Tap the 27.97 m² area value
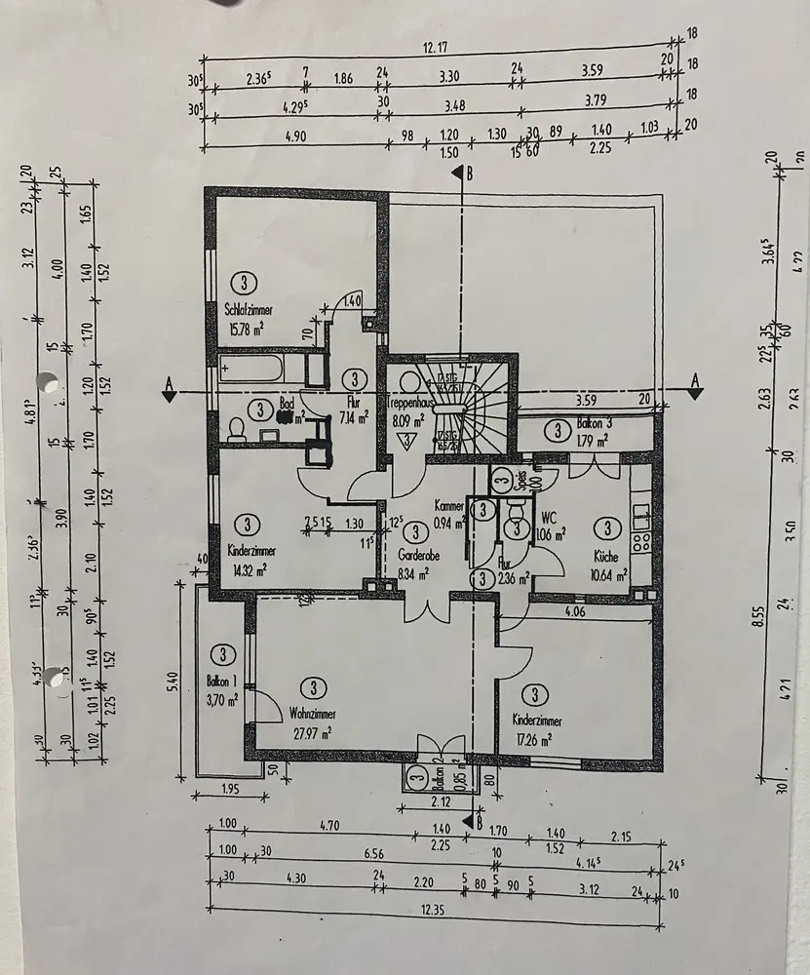pyautogui.click(x=312, y=733)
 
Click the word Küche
pyautogui.click(x=607, y=556)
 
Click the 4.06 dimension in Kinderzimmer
pyautogui.click(x=575, y=613)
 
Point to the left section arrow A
pyautogui.click(x=170, y=392)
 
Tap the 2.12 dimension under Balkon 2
pyautogui.click(x=440, y=802)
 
